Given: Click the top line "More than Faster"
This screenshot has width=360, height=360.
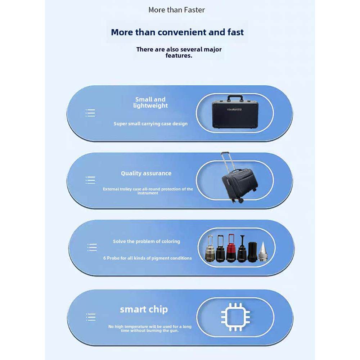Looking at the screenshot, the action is pyautogui.click(x=176, y=10).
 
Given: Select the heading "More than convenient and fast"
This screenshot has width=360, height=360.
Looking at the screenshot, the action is pyautogui.click(x=177, y=32).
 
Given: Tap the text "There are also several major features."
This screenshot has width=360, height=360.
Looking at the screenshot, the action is pyautogui.click(x=179, y=52).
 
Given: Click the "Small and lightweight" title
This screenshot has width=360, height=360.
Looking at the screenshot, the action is pyautogui.click(x=150, y=102).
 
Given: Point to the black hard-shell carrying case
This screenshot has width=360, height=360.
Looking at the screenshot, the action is pyautogui.click(x=235, y=113).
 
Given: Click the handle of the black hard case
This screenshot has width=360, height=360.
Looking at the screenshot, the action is pyautogui.click(x=235, y=98).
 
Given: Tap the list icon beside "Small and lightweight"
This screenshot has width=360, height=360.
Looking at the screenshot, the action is pyautogui.click(x=90, y=113).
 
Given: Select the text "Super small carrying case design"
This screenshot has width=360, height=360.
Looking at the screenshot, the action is pyautogui.click(x=150, y=123).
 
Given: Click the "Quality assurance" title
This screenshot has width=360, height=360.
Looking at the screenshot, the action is pyautogui.click(x=146, y=173).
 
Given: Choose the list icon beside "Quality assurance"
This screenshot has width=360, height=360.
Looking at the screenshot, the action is pyautogui.click(x=90, y=180).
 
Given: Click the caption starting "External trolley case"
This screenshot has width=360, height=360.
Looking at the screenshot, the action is pyautogui.click(x=148, y=191).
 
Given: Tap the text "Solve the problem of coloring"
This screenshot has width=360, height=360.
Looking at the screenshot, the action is pyautogui.click(x=147, y=241).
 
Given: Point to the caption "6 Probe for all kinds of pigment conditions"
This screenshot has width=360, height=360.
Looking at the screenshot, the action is pyautogui.click(x=147, y=258).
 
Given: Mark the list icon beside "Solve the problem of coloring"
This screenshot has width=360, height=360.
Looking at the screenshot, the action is pyautogui.click(x=92, y=247).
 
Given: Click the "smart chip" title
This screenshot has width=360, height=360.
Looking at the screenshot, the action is pyautogui.click(x=144, y=309).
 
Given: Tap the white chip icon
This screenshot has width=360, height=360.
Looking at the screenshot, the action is pyautogui.click(x=235, y=317).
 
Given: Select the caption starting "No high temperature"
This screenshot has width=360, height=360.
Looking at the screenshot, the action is pyautogui.click(x=150, y=328).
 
